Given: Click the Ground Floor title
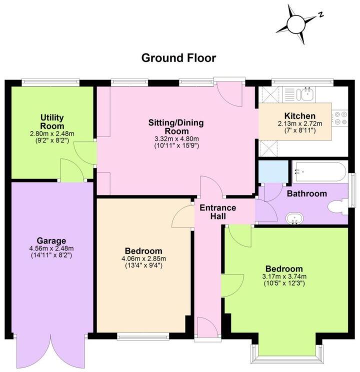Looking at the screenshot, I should pyautogui.click(x=178, y=58).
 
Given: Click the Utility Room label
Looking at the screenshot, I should pyautogui.click(x=52, y=121).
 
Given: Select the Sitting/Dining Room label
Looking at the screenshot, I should pyautogui.click(x=176, y=127).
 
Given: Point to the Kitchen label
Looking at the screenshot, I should pyautogui.click(x=299, y=115).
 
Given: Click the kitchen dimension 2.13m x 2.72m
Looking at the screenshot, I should pyautogui.click(x=300, y=123).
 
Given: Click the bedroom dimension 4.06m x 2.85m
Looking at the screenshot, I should pyautogui.click(x=143, y=258).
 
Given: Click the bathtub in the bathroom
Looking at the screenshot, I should pyautogui.click(x=318, y=171).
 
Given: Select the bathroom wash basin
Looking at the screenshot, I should pyautogui.click(x=294, y=218).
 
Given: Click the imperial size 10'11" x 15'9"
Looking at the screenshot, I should pyautogui.click(x=176, y=146).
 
